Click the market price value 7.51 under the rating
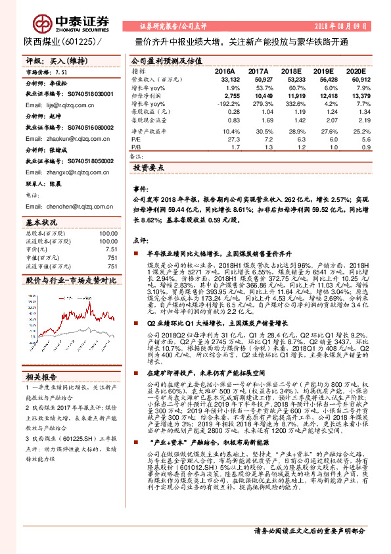(x=62, y=72)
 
